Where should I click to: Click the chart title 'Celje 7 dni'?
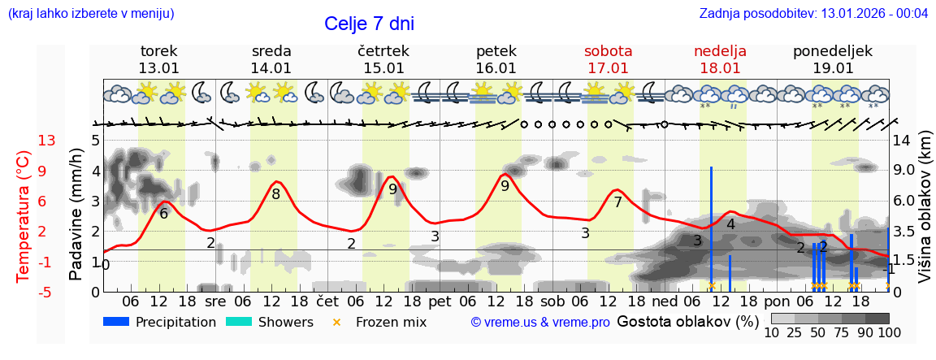[x=369, y=24]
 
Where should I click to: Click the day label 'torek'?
[x=158, y=51]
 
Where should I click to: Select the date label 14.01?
[x=271, y=68]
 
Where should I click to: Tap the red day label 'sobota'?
[x=608, y=51]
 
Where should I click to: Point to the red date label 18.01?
[x=720, y=68]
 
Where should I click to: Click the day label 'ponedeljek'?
[x=832, y=51]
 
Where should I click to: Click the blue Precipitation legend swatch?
[x=116, y=322]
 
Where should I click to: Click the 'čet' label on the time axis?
[x=327, y=301]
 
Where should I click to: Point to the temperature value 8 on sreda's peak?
[x=276, y=194]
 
